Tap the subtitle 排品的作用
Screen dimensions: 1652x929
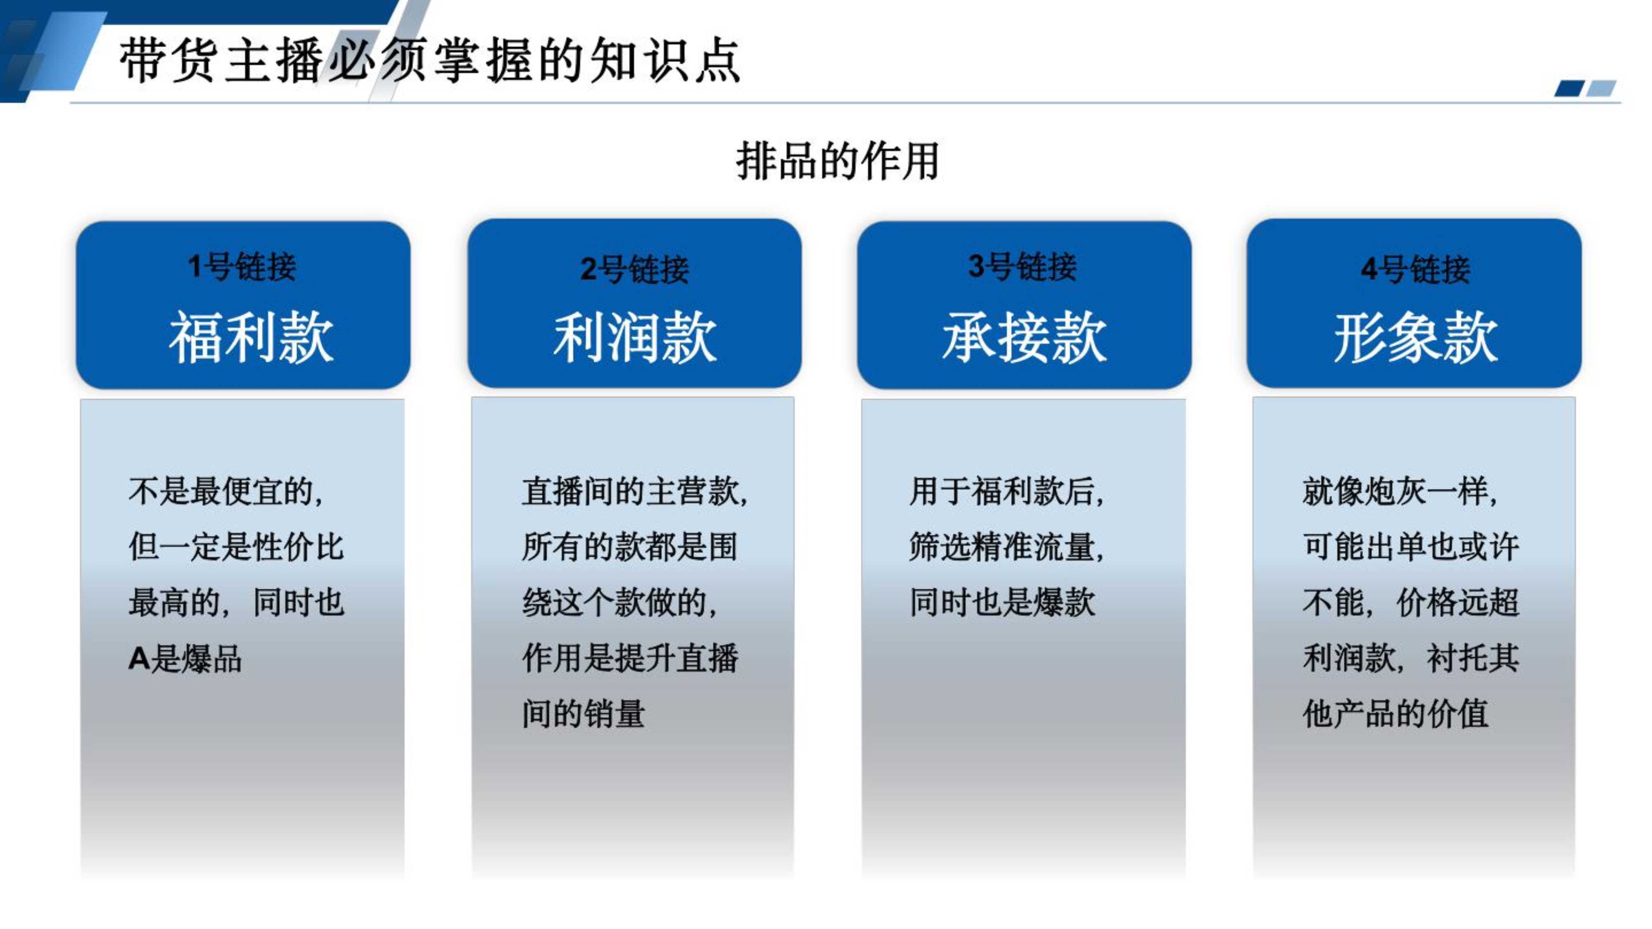[838, 161]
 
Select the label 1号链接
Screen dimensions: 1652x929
[242, 267]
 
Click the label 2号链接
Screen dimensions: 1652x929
[634, 269]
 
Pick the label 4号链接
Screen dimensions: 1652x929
[1415, 269]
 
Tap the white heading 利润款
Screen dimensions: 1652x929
[635, 337]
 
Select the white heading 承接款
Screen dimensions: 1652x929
[1024, 337]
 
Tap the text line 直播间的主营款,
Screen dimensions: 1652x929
[635, 492]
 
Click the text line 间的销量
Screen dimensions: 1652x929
[583, 713]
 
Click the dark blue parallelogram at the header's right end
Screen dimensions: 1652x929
[1569, 88]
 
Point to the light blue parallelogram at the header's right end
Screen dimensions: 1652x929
[1601, 88]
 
